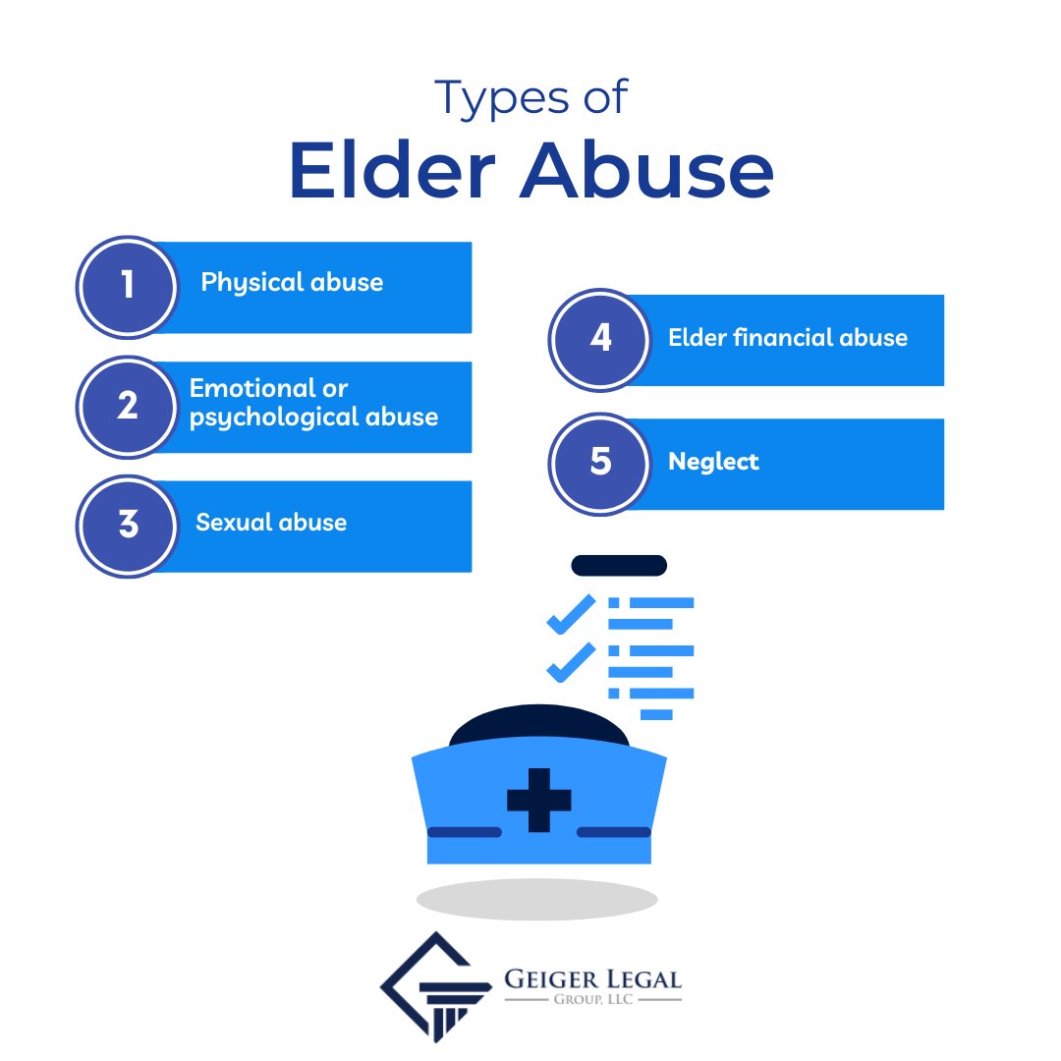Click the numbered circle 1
[x=127, y=286]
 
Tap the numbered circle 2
[x=127, y=406]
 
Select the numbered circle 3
[x=127, y=525]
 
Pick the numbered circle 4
[x=599, y=339]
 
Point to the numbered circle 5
[x=599, y=462]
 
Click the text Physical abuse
[x=292, y=283]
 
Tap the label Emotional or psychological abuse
[x=313, y=403]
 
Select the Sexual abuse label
[x=271, y=522]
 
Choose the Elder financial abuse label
[x=788, y=338]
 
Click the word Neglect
[x=713, y=462]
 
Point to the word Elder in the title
[x=394, y=172]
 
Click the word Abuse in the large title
[x=645, y=172]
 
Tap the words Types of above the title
[x=530, y=98]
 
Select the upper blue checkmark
[x=571, y=613]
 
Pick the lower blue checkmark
[x=571, y=661]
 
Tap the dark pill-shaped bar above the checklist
[x=619, y=565]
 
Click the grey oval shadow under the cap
[x=536, y=899]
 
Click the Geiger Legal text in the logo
[x=592, y=979]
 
